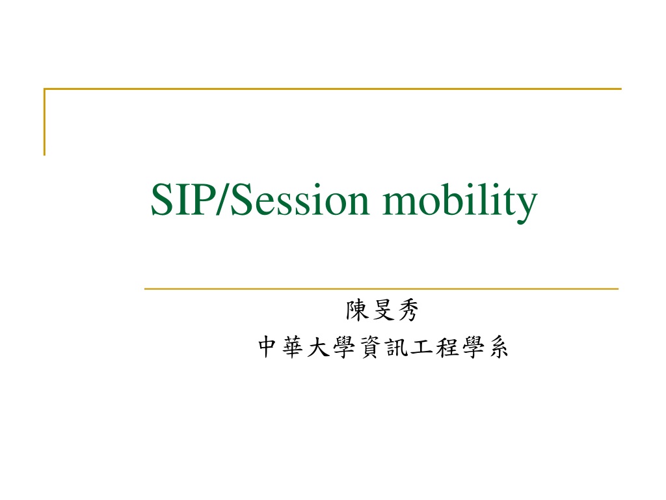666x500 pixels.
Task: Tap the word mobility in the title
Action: tap(460, 202)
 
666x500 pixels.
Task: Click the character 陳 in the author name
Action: tap(357, 310)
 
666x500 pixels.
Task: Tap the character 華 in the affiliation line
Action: tap(293, 347)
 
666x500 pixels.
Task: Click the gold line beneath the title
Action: tap(381, 288)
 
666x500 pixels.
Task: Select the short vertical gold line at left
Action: tap(44, 122)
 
